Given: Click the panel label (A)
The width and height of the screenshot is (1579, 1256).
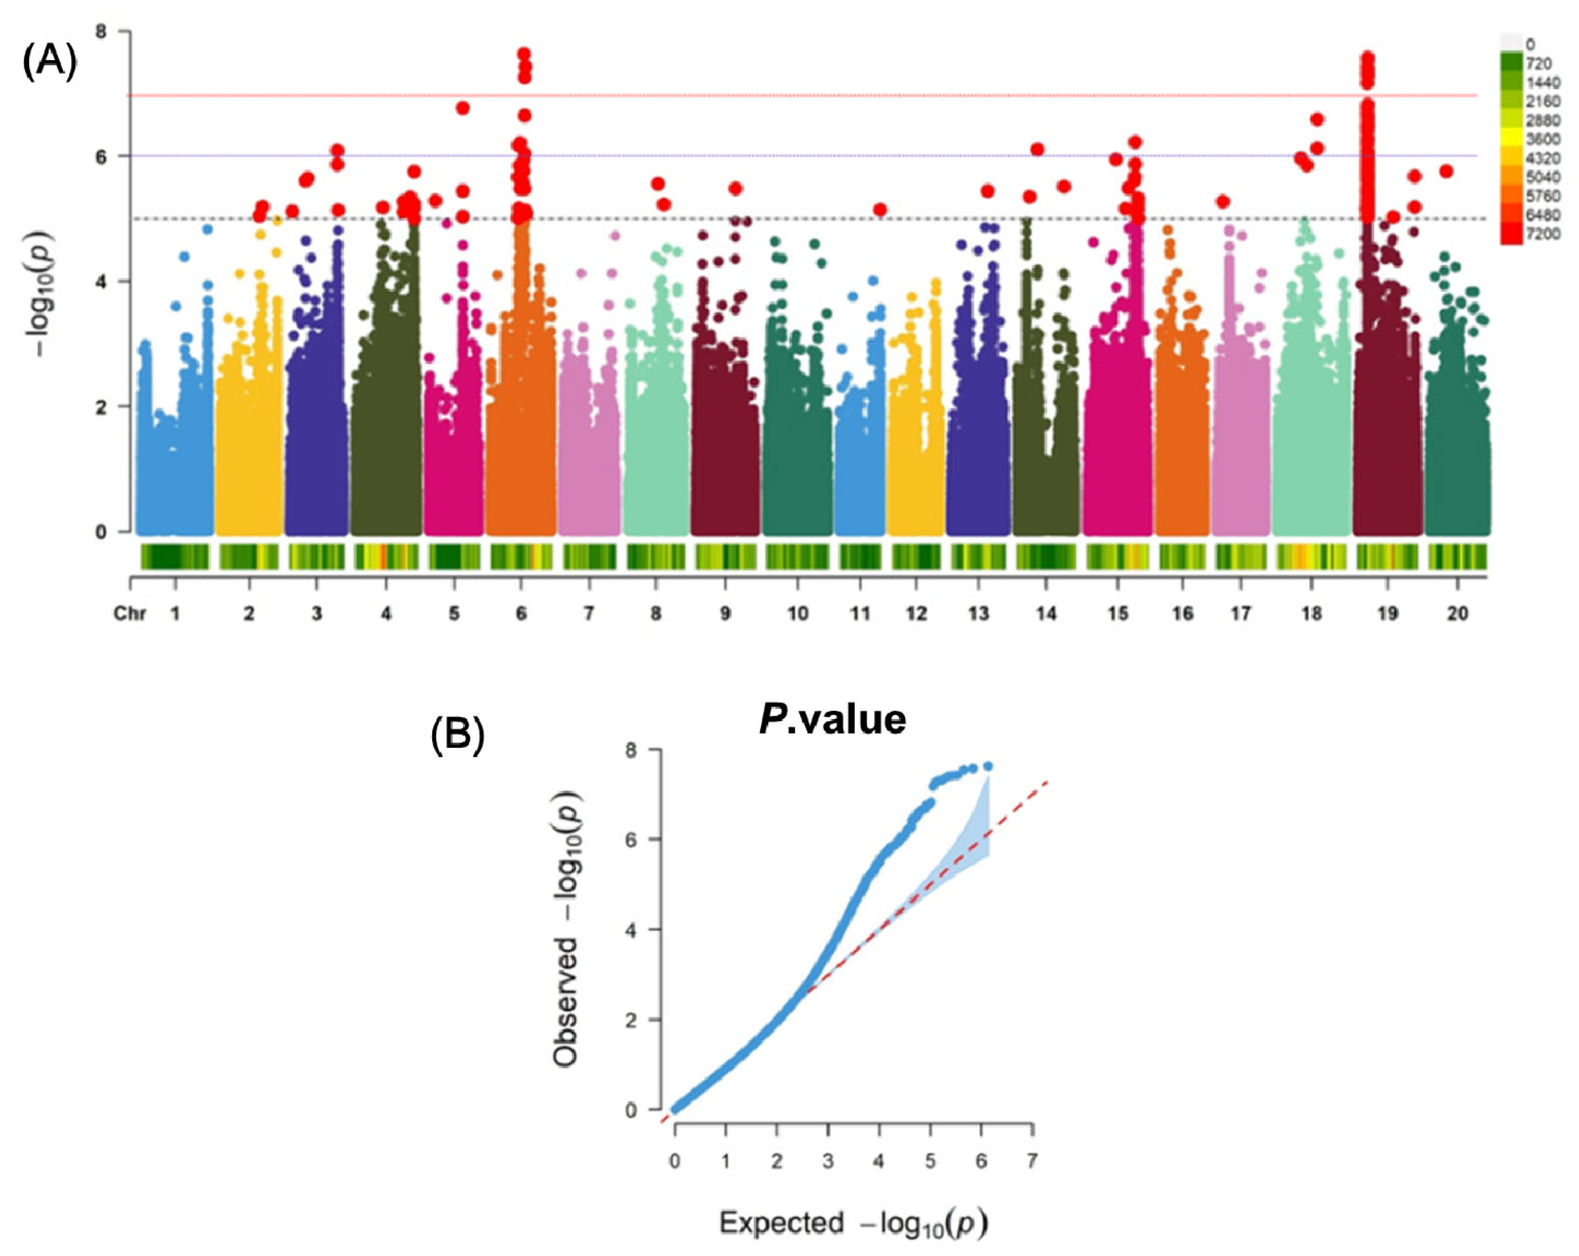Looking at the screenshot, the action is click(x=49, y=62).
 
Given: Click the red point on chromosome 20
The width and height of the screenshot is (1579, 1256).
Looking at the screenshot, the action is click(x=1446, y=171).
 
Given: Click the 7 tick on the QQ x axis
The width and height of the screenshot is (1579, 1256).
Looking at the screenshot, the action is click(x=1032, y=1161).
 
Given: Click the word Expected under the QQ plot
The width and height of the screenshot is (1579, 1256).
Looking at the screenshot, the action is click(x=781, y=1222).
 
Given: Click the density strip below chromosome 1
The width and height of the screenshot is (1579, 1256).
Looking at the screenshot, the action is click(x=175, y=557).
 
